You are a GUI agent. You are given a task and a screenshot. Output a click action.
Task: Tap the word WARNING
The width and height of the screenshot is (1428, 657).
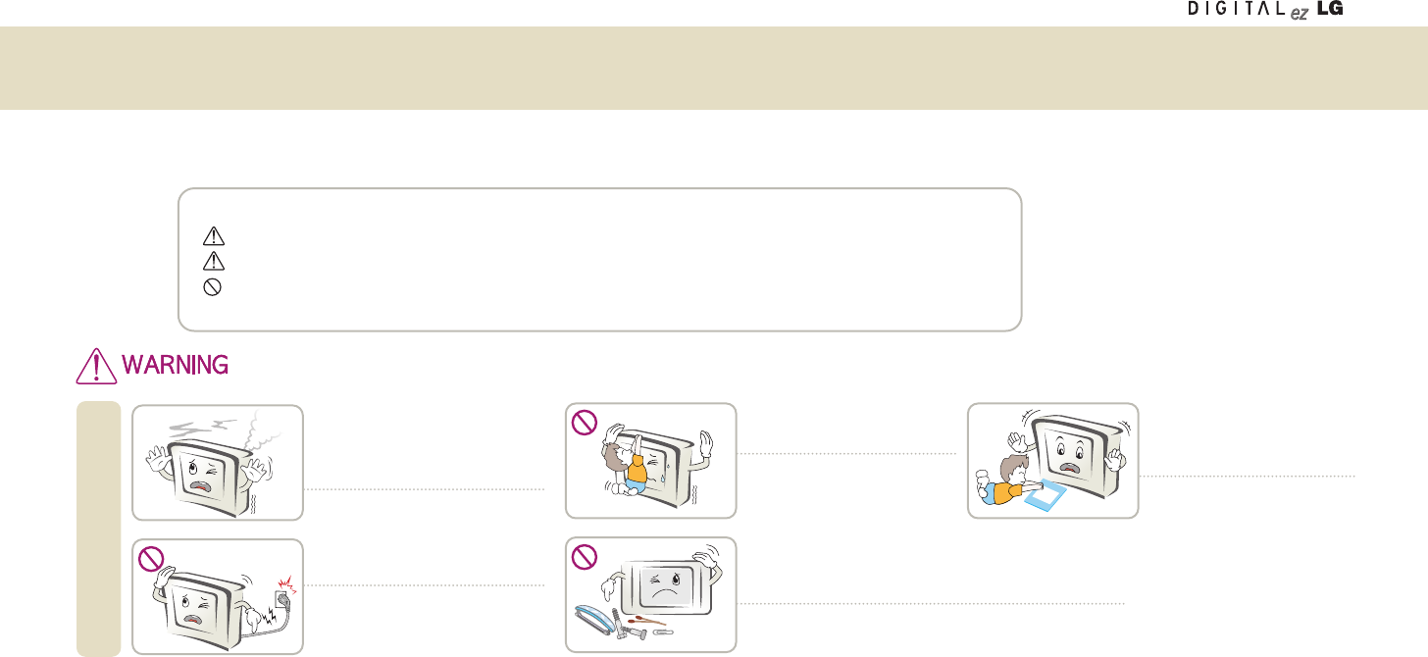tap(176, 366)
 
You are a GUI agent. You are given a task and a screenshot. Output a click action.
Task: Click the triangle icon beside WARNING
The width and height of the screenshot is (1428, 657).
tap(95, 366)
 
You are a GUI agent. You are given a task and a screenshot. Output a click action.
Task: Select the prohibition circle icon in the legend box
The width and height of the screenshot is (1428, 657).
tap(214, 287)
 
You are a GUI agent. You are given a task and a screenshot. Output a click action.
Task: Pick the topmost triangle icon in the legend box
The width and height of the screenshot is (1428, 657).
tap(214, 236)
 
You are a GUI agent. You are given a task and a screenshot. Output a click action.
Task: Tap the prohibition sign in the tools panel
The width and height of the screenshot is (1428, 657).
tap(584, 557)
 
